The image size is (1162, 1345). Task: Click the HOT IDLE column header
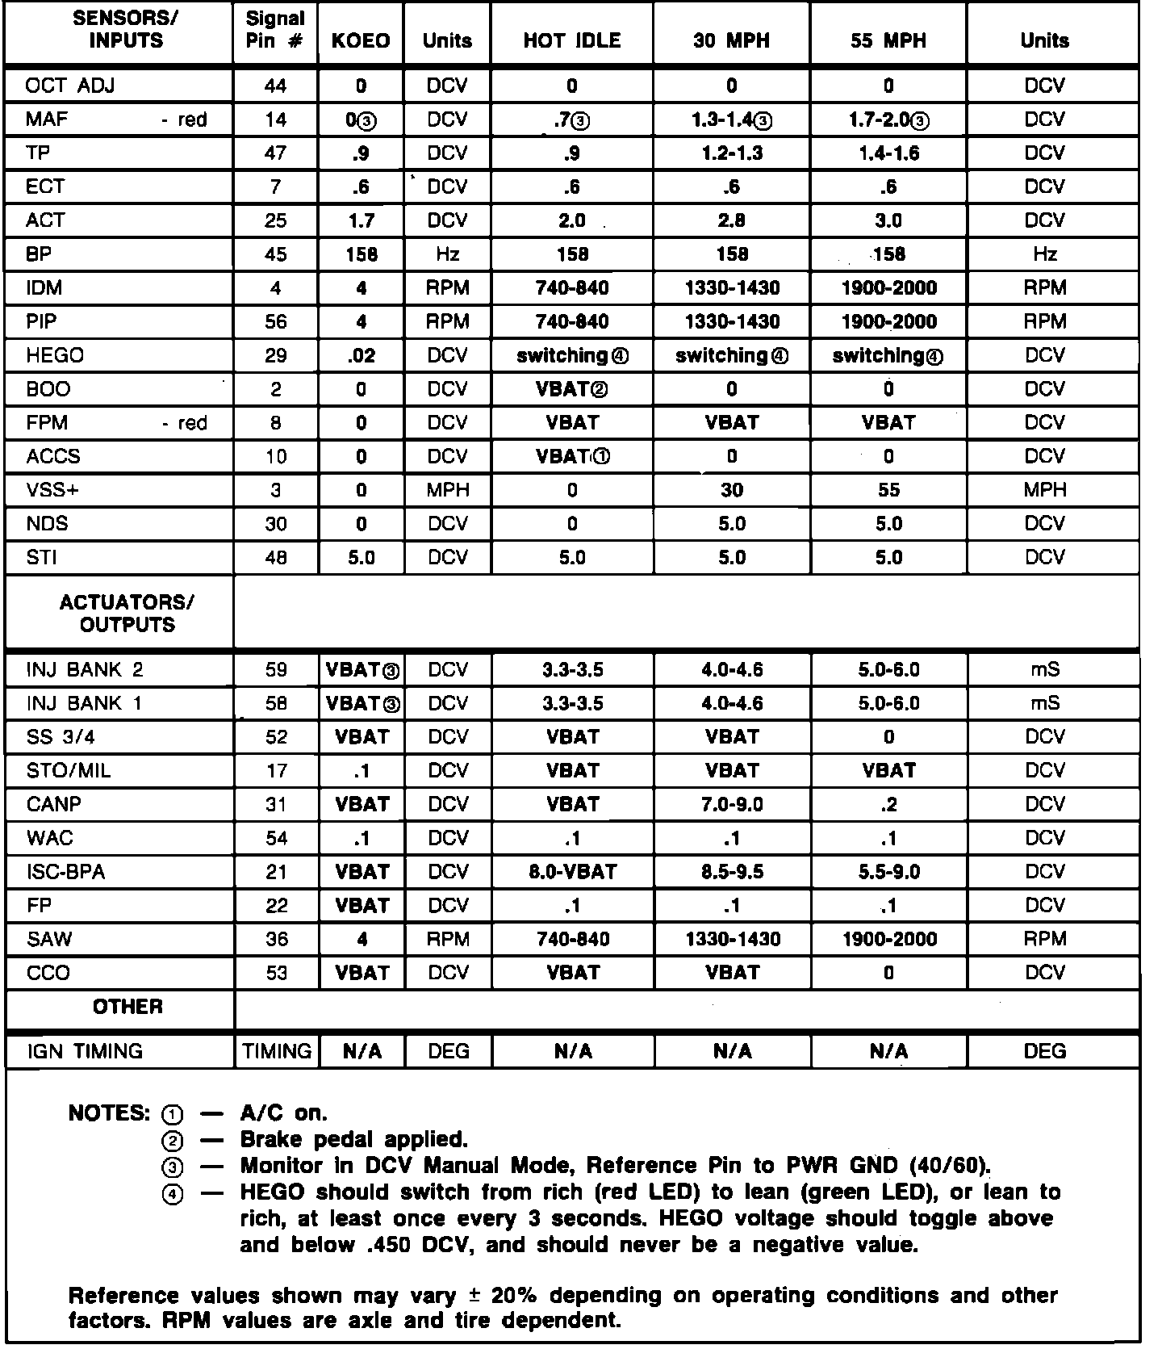click(571, 40)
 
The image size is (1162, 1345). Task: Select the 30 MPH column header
click(731, 40)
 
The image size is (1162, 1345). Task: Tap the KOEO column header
click(361, 40)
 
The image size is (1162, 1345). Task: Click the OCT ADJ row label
click(70, 86)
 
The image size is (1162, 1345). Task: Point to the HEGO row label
click(55, 355)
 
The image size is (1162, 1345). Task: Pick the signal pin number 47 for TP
click(276, 153)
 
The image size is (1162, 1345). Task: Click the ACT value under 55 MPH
click(888, 220)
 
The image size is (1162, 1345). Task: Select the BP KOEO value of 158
click(361, 254)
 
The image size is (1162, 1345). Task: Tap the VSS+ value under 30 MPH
click(731, 490)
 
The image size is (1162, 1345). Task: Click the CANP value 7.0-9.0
click(731, 805)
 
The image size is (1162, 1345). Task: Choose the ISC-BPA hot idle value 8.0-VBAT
click(572, 872)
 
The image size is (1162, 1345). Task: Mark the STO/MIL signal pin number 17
click(276, 771)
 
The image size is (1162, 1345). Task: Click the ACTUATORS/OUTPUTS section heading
click(127, 614)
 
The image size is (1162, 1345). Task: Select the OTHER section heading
click(127, 1007)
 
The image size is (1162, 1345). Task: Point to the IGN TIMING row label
click(85, 1051)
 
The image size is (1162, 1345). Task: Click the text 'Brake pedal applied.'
click(354, 1140)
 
